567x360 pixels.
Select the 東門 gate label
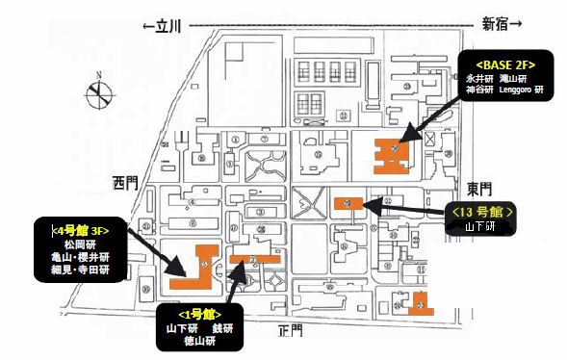[478, 189]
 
